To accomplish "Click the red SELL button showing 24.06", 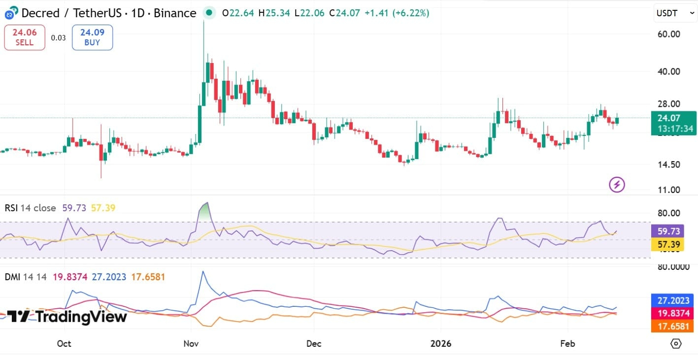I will (x=25, y=37).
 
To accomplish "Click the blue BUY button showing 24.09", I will (x=92, y=37).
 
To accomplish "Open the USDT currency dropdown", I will (x=675, y=13).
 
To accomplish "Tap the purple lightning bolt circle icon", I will (x=617, y=185).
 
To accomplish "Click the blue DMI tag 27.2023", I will (x=673, y=300).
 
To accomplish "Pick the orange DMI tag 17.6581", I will (x=673, y=326).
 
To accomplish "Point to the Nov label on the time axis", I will (x=190, y=343).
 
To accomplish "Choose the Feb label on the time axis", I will (x=567, y=343).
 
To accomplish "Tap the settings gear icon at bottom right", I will (x=676, y=343).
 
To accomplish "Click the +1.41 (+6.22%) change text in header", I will (x=397, y=13).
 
